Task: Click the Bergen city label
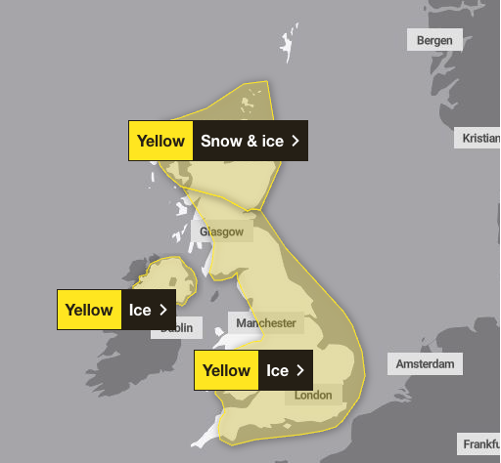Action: [x=433, y=39]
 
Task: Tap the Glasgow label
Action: [x=222, y=231]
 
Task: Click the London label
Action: [x=313, y=395]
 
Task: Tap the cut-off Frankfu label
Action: [x=480, y=444]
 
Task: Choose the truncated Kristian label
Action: [x=479, y=138]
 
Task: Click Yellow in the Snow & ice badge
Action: [x=160, y=141]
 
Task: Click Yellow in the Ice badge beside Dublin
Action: [x=89, y=310]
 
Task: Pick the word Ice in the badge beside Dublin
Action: [x=140, y=310]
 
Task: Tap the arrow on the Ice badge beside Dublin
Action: [x=162, y=310]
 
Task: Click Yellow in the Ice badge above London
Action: [x=227, y=370]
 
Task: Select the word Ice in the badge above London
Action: [x=278, y=370]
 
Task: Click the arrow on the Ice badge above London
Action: [x=300, y=370]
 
